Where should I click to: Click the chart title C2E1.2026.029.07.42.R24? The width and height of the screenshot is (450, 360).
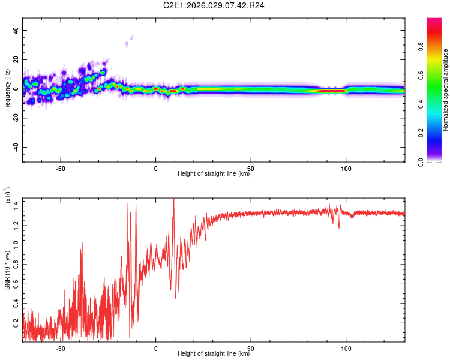pos(214,5)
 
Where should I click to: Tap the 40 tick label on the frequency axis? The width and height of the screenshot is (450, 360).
pos(16,31)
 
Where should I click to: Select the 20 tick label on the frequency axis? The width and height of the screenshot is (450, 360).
pos(16,60)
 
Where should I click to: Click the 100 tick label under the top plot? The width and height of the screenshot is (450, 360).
pos(346,169)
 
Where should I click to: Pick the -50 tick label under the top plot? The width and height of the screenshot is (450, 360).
pos(60,169)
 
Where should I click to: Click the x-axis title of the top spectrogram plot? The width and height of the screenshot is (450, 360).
pos(214,175)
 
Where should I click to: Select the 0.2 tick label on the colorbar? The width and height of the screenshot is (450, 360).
pos(439,133)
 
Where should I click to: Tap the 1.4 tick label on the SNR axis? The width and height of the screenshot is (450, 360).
pos(16,206)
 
